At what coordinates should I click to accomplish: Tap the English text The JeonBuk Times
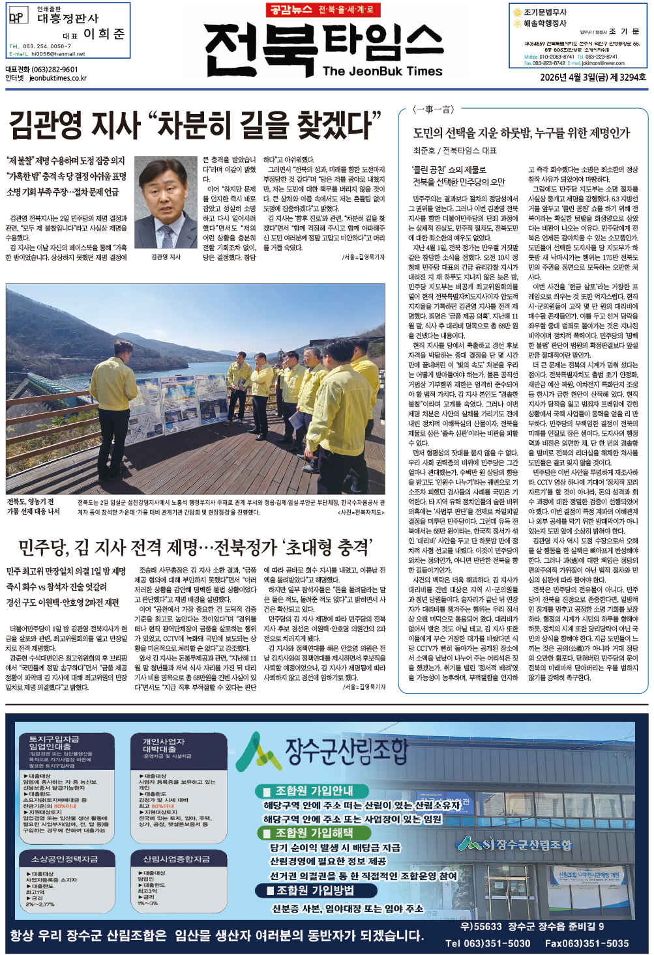(x=382, y=71)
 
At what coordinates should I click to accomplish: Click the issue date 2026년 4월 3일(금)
(x=572, y=77)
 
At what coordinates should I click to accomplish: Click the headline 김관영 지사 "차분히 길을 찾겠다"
(x=194, y=124)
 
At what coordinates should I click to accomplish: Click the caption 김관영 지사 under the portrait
(x=166, y=257)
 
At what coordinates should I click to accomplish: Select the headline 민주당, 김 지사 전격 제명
(x=196, y=547)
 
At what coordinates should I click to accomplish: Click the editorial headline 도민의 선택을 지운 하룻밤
(x=521, y=133)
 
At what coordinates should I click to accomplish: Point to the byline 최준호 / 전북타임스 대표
(x=454, y=150)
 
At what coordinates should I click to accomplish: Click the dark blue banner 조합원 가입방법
(x=314, y=890)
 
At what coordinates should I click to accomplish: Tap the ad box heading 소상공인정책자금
(x=65, y=859)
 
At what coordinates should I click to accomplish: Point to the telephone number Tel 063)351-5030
(x=488, y=943)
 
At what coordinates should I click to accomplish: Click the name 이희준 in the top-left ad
(x=104, y=34)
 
